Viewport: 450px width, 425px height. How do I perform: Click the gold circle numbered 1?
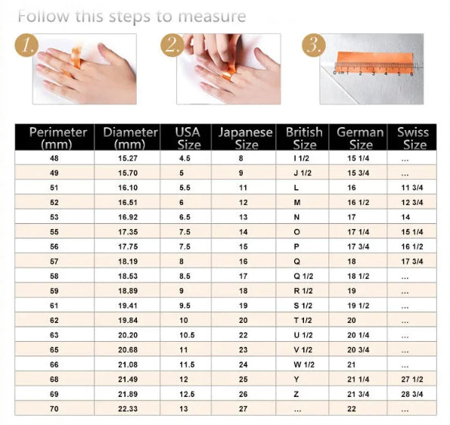[x=27, y=46]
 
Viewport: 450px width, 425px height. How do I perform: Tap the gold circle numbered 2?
[x=172, y=46]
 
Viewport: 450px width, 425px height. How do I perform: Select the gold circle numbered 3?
[x=312, y=46]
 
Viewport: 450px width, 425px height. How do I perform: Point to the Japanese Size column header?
[x=244, y=138]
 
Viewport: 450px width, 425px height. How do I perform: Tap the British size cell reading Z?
[x=296, y=394]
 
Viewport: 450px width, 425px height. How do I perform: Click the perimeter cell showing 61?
[x=54, y=306]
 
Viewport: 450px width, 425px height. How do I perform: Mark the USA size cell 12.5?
[x=188, y=394]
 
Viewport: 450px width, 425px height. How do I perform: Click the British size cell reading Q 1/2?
[x=303, y=276]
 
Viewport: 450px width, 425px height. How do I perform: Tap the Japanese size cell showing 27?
[x=242, y=408]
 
